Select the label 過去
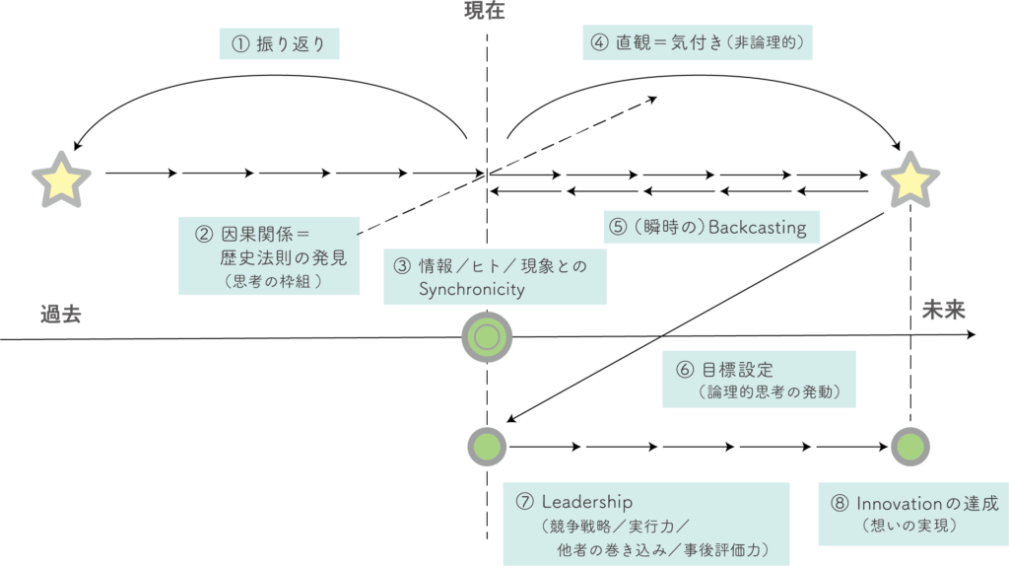coord(60,315)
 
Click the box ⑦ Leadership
coord(645,524)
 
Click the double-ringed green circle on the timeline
coord(487,337)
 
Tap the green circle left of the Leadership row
coord(487,447)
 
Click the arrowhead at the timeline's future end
coord(972,335)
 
